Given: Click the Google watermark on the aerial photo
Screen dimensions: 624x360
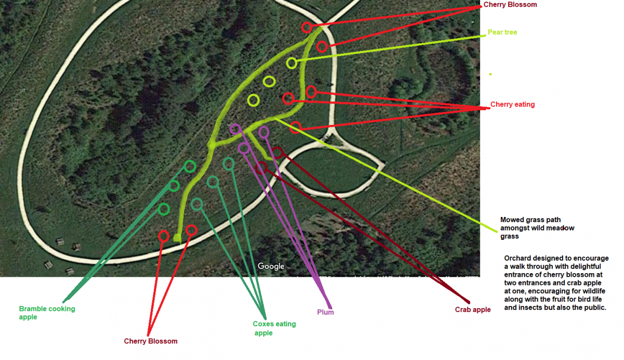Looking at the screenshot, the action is (x=271, y=266).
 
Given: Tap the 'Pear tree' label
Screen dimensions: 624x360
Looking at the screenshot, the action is (x=502, y=32).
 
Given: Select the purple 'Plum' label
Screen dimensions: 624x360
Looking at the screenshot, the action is (x=326, y=312).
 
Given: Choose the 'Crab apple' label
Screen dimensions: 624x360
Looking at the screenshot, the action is (x=473, y=310).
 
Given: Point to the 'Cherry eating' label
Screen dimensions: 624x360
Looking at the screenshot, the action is (x=513, y=105).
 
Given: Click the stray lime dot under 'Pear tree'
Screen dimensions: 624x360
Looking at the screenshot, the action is (x=490, y=74).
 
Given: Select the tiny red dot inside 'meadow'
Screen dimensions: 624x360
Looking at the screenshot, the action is (x=564, y=228).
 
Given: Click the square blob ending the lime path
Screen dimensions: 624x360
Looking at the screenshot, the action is (x=177, y=238).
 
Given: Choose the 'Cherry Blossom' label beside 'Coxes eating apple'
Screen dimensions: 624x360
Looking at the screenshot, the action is (x=151, y=341).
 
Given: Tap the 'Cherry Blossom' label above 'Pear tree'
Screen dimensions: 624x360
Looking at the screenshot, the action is (x=510, y=5).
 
